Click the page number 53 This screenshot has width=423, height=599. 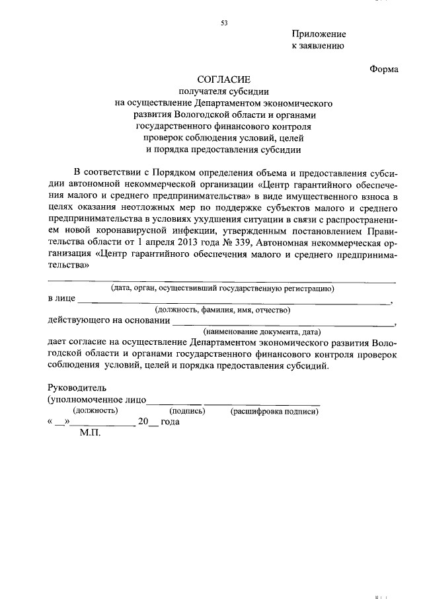point(224,23)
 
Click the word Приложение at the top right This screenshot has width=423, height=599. point(319,34)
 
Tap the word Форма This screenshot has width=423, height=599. point(384,69)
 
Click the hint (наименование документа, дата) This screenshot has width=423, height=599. point(262,332)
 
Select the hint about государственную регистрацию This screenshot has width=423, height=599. point(223,288)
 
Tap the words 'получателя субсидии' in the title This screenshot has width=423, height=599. point(224,91)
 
